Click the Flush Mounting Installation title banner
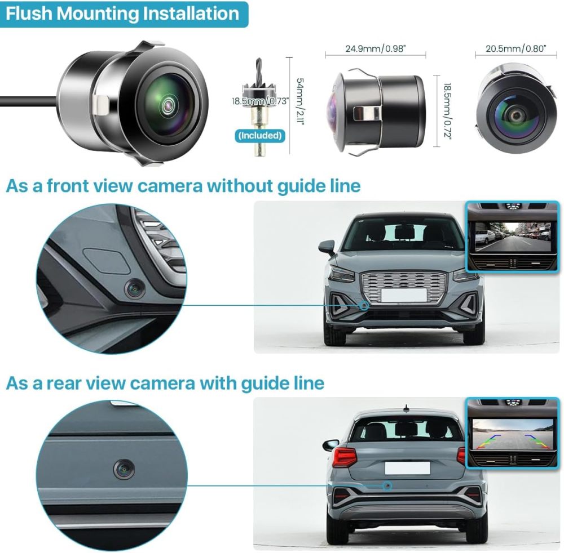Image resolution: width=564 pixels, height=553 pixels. pyautogui.click(x=123, y=14)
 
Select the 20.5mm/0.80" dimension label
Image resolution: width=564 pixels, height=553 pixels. pyautogui.click(x=516, y=49)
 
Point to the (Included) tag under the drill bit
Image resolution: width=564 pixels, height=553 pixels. pyautogui.click(x=259, y=135)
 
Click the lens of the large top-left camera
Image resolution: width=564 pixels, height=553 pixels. pyautogui.click(x=168, y=105)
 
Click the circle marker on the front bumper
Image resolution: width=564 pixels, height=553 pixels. pyautogui.click(x=364, y=305)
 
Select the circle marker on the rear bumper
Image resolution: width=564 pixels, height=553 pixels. pyautogui.click(x=387, y=485)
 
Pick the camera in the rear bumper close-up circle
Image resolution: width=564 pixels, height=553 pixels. pyautogui.click(x=124, y=469)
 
